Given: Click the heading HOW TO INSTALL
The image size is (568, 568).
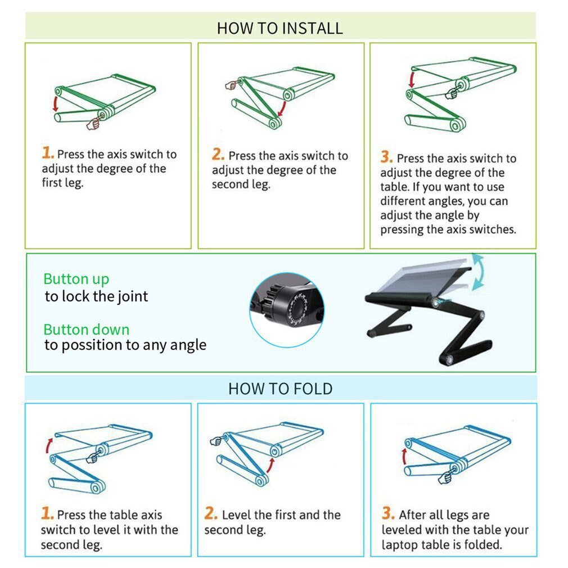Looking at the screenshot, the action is pyautogui.click(x=280, y=28).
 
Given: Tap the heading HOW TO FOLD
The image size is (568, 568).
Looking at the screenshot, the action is pyautogui.click(x=281, y=389).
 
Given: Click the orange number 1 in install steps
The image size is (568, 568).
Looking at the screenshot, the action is pyautogui.click(x=48, y=152).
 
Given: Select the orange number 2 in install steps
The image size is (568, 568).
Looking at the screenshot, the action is pyautogui.click(x=218, y=154).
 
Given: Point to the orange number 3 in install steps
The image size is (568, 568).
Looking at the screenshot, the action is pyautogui.click(x=386, y=157).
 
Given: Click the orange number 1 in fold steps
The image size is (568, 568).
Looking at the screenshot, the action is pyautogui.click(x=47, y=513).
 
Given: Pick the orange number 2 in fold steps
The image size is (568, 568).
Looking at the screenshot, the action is pyautogui.click(x=211, y=513).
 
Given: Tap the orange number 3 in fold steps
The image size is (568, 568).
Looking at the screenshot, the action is pyautogui.click(x=388, y=513).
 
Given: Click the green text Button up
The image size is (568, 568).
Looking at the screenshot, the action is pyautogui.click(x=76, y=280).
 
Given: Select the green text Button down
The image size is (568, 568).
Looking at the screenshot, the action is pyautogui.click(x=86, y=330).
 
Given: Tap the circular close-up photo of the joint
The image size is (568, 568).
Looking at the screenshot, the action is pyautogui.click(x=287, y=310).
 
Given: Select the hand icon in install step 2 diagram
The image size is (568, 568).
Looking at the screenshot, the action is pyautogui.click(x=231, y=85).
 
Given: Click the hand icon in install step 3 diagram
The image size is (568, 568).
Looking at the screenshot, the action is pyautogui.click(x=452, y=93).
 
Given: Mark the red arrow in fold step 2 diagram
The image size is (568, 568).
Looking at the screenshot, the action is pyautogui.click(x=271, y=465).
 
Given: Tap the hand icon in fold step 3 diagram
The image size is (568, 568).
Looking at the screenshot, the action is pyautogui.click(x=445, y=478).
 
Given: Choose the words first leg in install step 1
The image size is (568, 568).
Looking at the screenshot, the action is pyautogui.click(x=62, y=183).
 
